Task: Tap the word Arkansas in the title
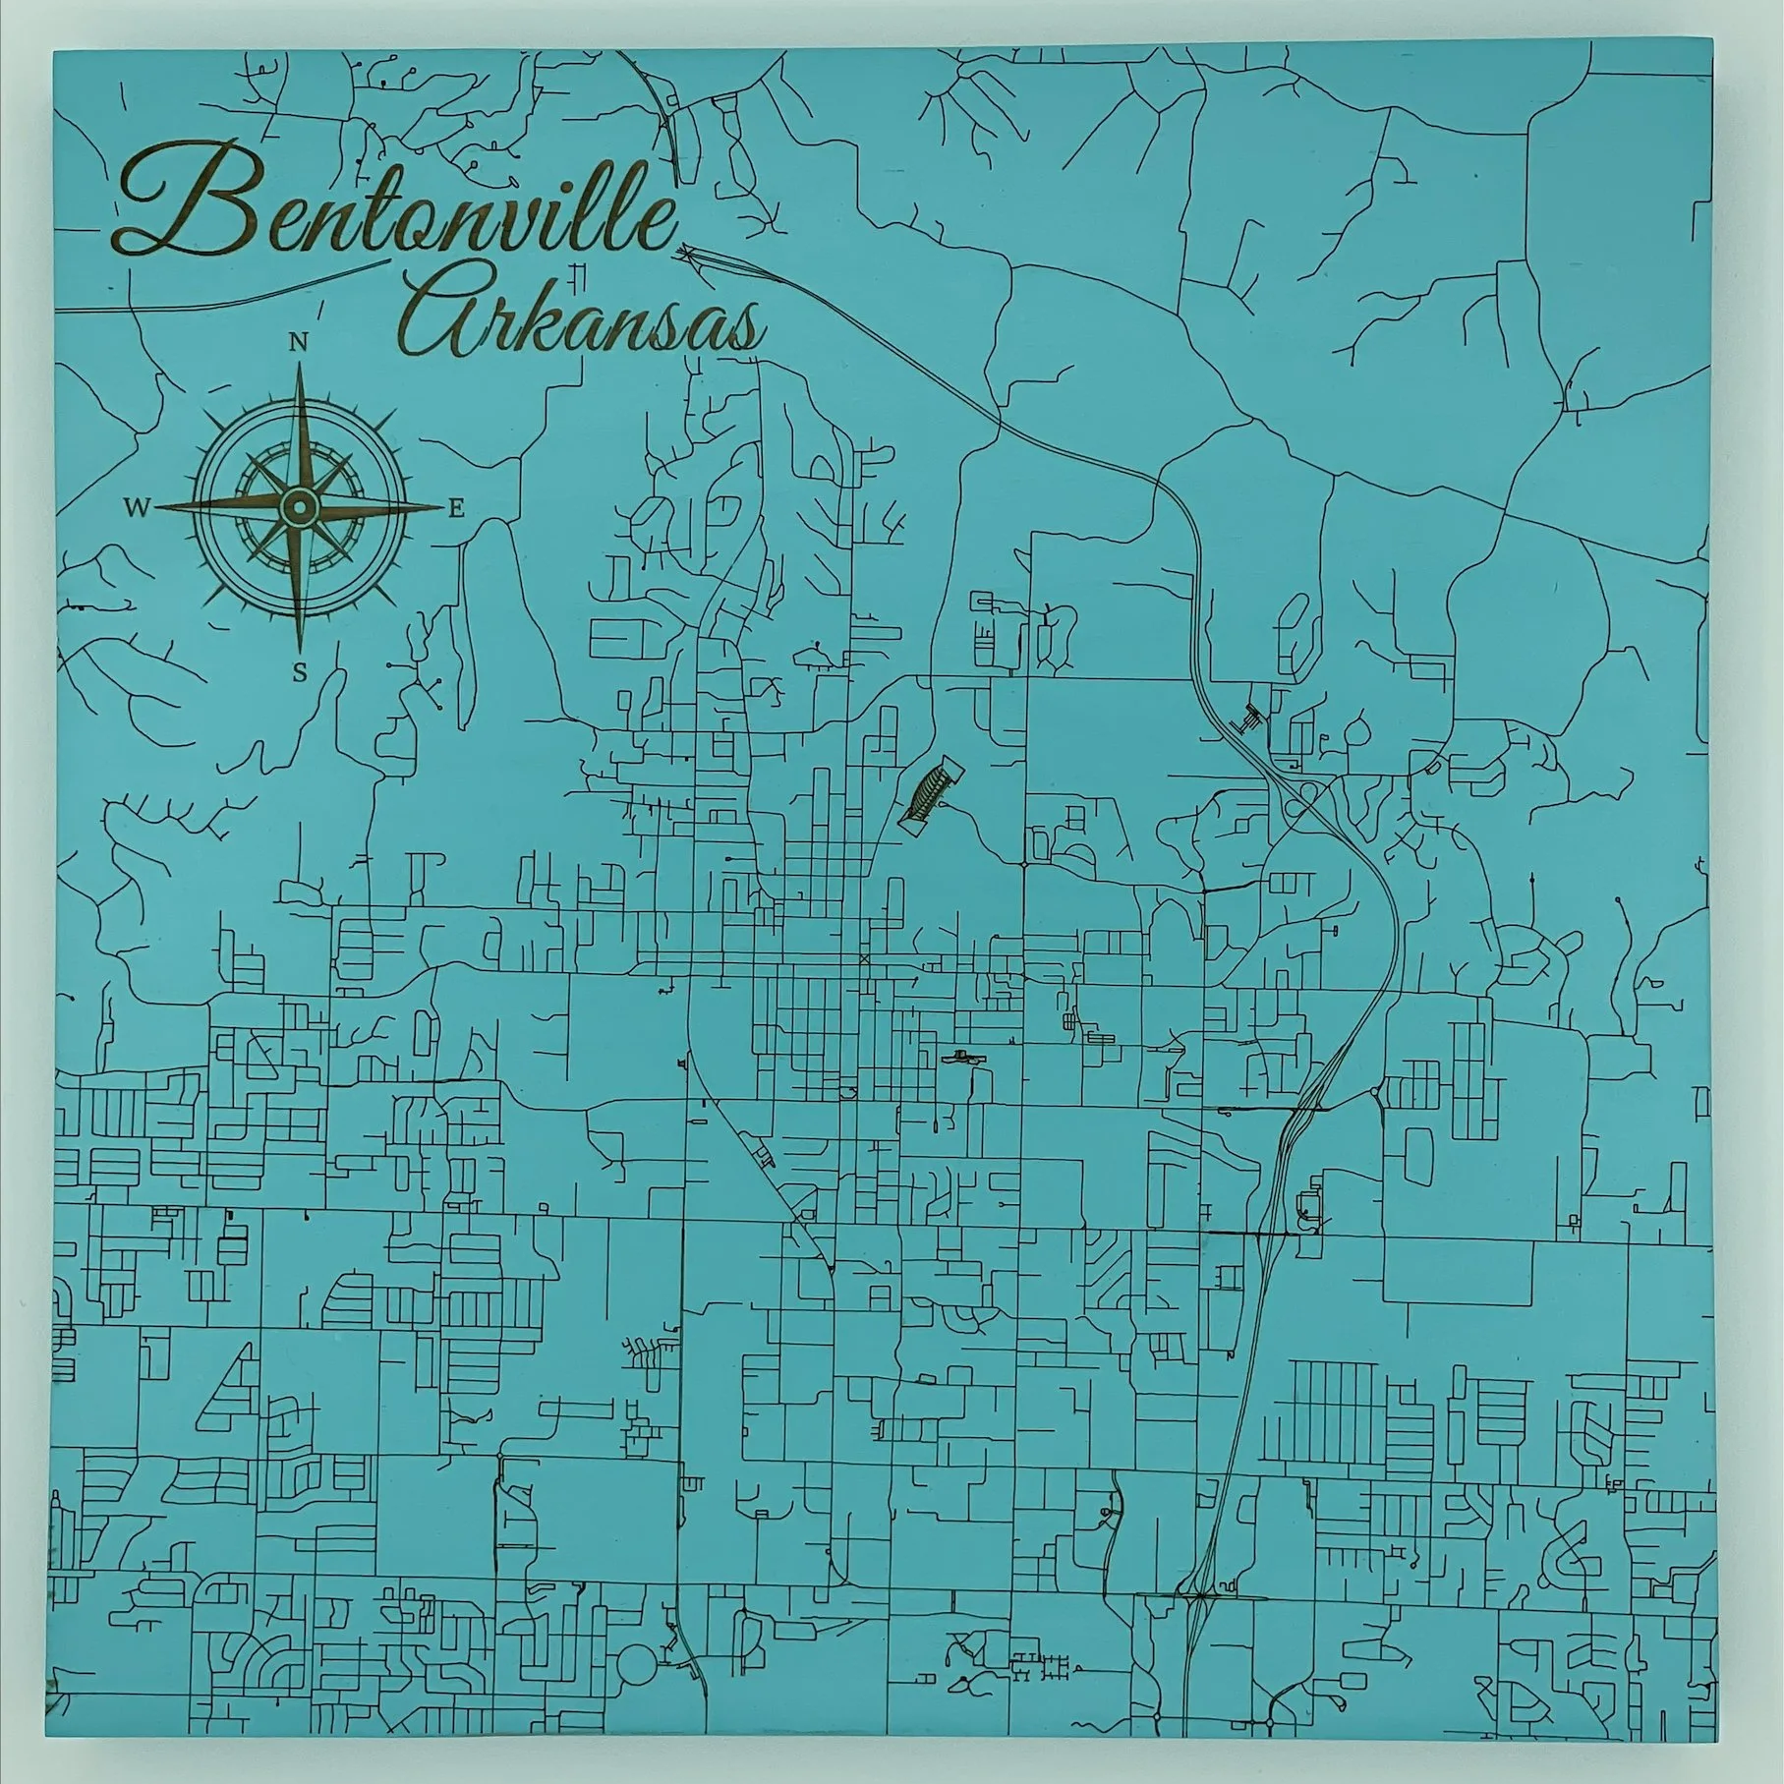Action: coord(590,319)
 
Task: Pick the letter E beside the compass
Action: coord(456,508)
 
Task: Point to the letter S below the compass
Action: coord(300,672)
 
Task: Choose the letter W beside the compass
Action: coord(137,507)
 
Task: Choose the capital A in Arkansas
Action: coord(457,315)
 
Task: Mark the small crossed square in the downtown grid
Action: coord(864,956)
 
